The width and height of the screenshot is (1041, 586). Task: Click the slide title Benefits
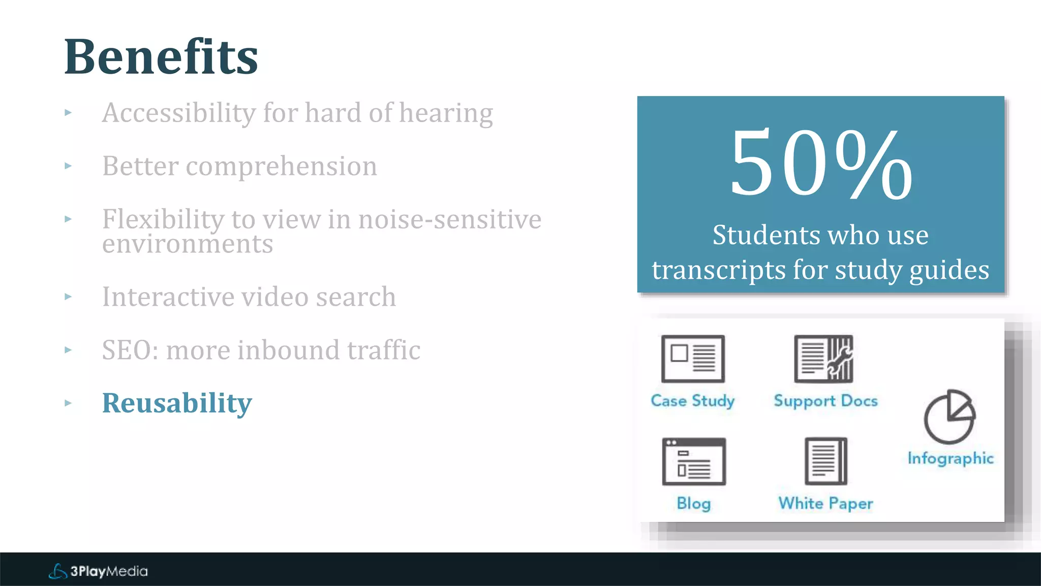tap(161, 57)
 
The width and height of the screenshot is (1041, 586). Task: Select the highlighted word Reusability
tap(177, 403)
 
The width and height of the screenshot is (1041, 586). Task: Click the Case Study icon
tap(693, 359)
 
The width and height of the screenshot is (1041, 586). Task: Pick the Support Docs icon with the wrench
tap(823, 359)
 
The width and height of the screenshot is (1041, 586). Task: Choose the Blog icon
tap(694, 461)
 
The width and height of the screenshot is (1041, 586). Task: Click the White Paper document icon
tap(826, 461)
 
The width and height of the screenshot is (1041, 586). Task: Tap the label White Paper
tap(825, 503)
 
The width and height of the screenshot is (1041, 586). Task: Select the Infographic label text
tap(951, 458)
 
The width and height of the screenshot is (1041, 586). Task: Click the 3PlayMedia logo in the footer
tap(98, 571)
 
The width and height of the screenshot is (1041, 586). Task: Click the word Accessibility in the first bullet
tap(178, 113)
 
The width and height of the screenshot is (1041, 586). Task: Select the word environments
tap(187, 244)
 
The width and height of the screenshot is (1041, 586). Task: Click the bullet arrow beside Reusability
tap(68, 403)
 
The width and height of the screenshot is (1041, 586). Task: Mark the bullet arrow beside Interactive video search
tap(68, 297)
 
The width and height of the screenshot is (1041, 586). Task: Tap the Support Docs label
tap(825, 401)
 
